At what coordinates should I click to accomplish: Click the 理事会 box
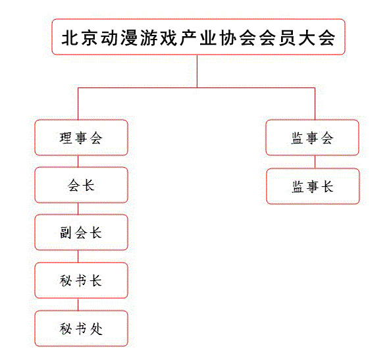point(81,138)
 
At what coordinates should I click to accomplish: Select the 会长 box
point(81,185)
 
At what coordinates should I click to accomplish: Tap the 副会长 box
point(81,232)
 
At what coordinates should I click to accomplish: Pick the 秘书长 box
point(81,280)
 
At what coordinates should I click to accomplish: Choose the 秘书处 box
point(81,328)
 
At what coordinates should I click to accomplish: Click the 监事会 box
point(313,138)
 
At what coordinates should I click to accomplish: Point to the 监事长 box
point(313,186)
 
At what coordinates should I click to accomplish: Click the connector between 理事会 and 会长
point(78,161)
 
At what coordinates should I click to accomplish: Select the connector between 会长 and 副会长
point(78,209)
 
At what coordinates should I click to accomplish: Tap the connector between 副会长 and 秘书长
point(78,256)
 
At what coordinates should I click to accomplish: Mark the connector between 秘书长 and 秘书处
point(78,304)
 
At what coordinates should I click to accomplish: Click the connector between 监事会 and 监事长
point(315,162)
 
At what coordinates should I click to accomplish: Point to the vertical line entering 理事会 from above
point(78,104)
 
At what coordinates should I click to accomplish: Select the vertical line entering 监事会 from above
point(315,104)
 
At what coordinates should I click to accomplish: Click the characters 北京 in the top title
point(80,38)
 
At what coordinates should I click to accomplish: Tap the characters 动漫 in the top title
point(119,38)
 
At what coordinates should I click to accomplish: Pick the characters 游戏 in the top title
point(159,38)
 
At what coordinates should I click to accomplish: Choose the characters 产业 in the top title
point(198,38)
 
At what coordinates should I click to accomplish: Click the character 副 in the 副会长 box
point(66,233)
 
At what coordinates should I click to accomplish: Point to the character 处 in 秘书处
point(96,329)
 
